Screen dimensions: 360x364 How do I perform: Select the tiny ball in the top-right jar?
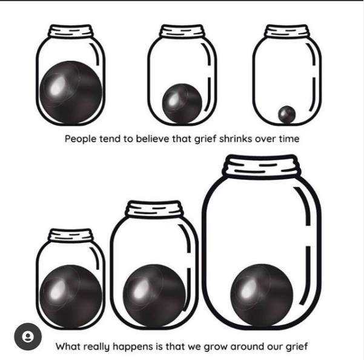286,113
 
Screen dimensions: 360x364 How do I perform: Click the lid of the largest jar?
262,166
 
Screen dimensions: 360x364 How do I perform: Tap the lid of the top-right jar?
286,31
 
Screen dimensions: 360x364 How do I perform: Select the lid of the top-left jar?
71,31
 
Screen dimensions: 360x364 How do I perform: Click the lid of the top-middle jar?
182,31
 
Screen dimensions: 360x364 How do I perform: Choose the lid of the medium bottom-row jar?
154,210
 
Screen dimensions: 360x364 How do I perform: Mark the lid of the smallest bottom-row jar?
70,235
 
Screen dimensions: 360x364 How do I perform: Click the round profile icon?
28,337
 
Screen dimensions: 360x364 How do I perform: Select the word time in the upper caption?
288,139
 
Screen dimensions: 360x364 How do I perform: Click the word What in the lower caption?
68,347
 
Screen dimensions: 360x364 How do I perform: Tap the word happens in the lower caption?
136,347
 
